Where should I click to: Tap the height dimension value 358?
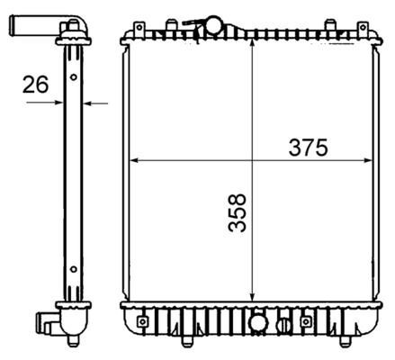click(x=237, y=212)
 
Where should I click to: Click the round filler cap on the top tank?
click(x=214, y=22)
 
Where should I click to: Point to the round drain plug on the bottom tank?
click(x=258, y=322)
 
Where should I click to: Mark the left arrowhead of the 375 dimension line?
click(x=137, y=161)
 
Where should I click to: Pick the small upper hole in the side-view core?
click(x=72, y=77)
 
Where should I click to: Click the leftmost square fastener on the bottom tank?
click(x=142, y=319)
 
